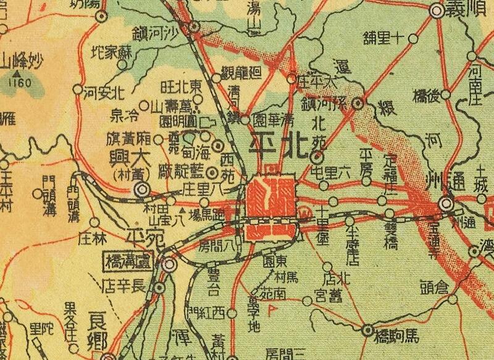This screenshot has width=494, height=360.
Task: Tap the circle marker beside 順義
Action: click(x=438, y=10)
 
